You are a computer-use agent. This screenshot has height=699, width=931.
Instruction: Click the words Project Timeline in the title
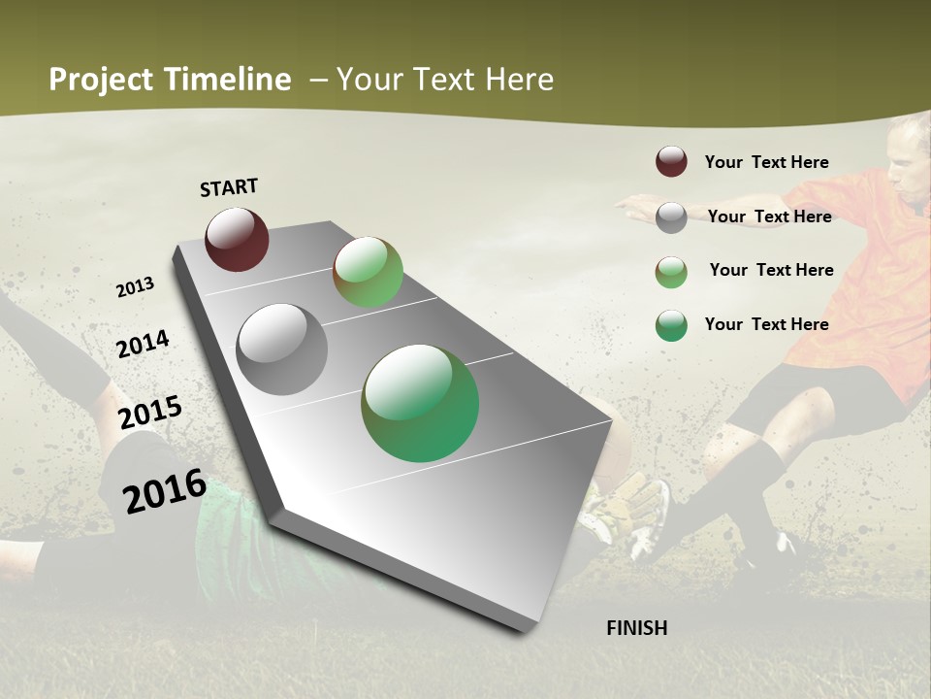pyautogui.click(x=170, y=80)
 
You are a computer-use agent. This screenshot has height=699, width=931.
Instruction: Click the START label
pyautogui.click(x=229, y=187)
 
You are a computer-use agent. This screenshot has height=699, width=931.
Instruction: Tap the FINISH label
pyautogui.click(x=636, y=628)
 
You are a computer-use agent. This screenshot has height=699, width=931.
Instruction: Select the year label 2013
pyautogui.click(x=135, y=287)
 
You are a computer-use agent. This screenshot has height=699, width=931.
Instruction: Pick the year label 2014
pyautogui.click(x=143, y=345)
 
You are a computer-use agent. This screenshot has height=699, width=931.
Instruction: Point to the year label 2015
pyautogui.click(x=150, y=412)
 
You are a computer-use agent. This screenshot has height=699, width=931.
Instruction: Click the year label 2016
pyautogui.click(x=165, y=490)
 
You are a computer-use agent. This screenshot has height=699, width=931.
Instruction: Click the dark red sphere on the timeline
pyautogui.click(x=237, y=239)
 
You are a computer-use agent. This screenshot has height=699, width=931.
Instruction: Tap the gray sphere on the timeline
pyautogui.click(x=282, y=349)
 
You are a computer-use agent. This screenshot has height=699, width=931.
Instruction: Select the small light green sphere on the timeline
pyautogui.click(x=368, y=272)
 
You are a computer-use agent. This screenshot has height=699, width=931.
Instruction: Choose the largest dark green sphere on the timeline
pyautogui.click(x=420, y=403)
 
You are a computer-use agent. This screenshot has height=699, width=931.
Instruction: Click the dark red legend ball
pyautogui.click(x=671, y=161)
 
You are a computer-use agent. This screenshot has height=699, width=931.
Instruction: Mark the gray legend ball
pyautogui.click(x=671, y=216)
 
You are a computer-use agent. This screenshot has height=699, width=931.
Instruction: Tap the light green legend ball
pyautogui.click(x=671, y=271)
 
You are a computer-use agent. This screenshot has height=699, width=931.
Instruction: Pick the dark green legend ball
pyautogui.click(x=671, y=325)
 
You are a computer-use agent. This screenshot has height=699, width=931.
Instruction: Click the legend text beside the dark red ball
pyautogui.click(x=766, y=162)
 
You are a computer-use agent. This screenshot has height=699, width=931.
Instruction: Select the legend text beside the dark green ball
pyautogui.click(x=766, y=324)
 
